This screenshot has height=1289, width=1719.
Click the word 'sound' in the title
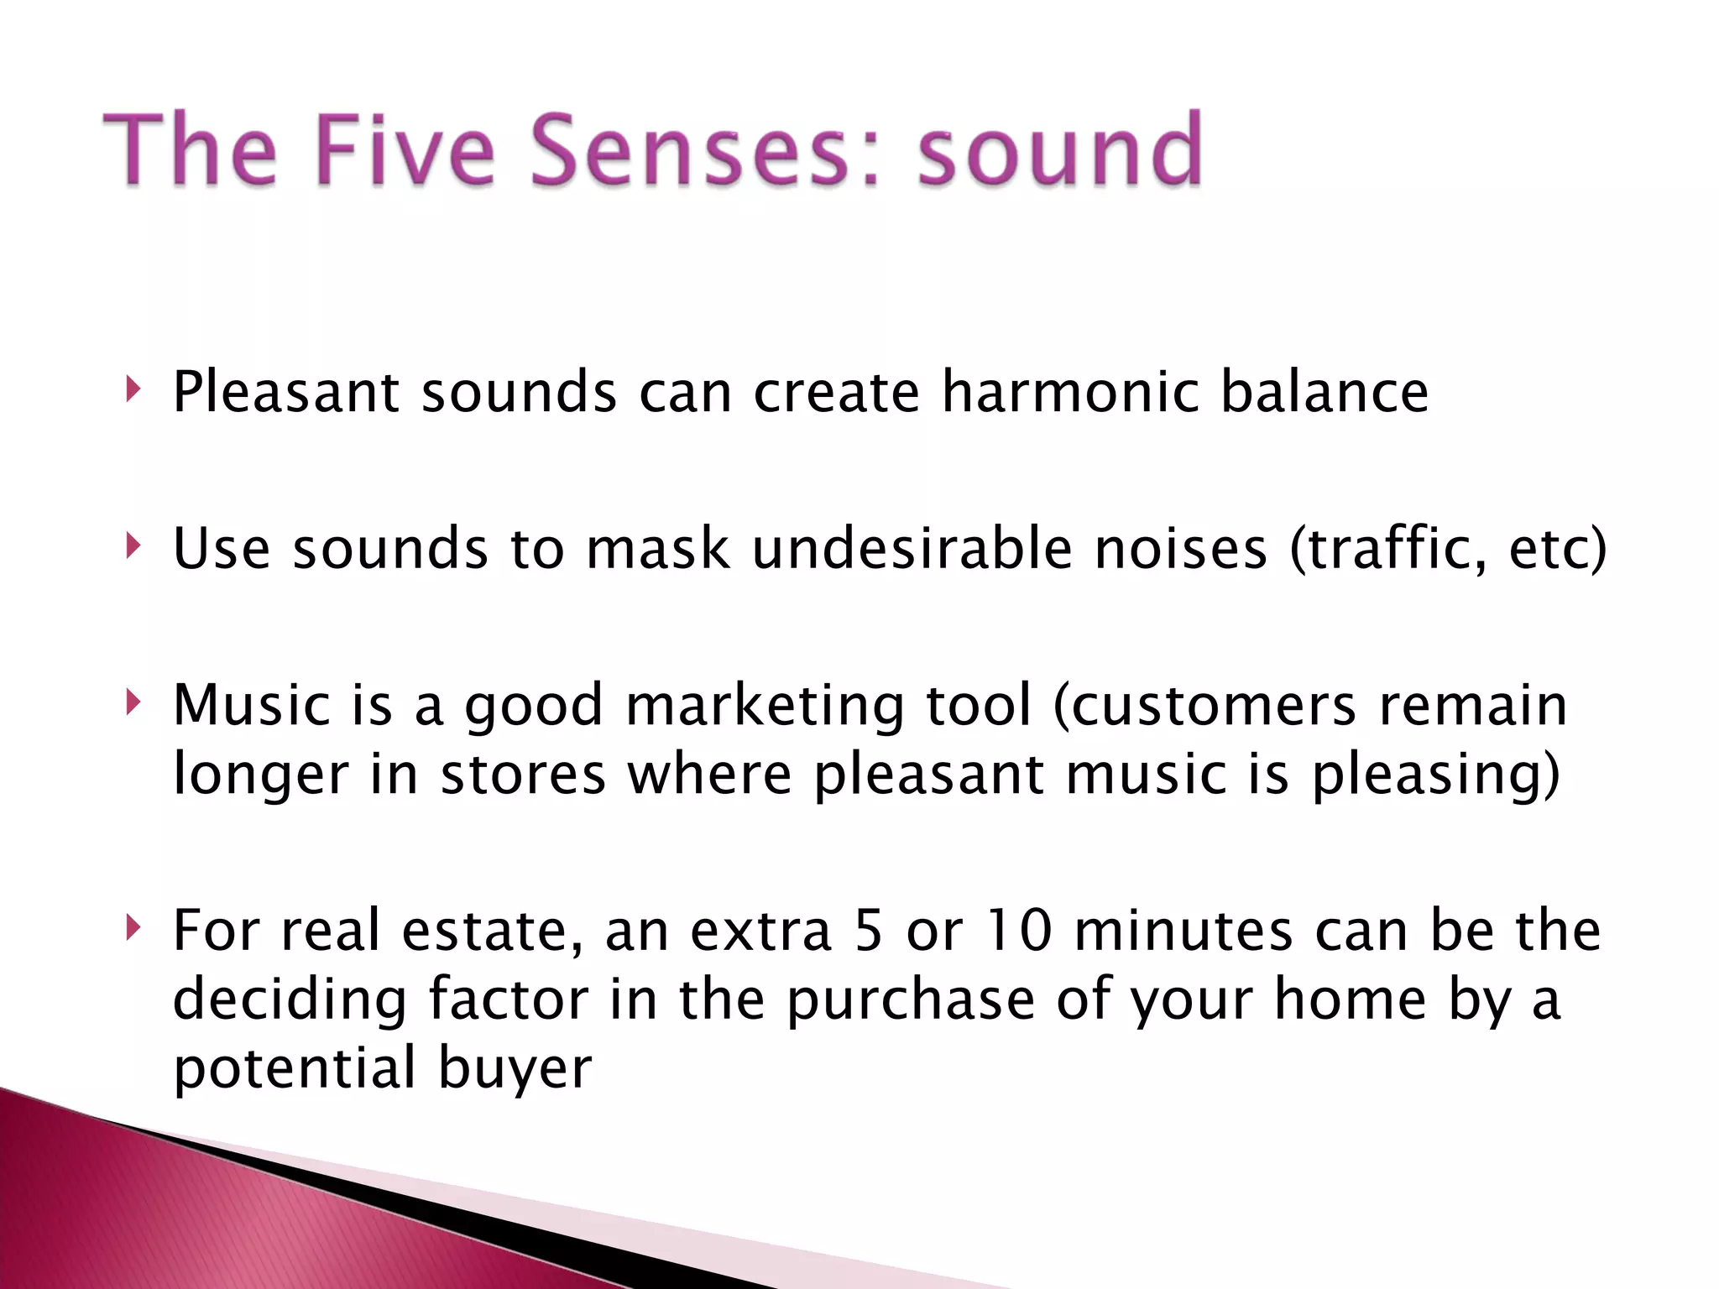[1060, 151]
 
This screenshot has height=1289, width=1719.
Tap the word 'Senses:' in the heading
[705, 151]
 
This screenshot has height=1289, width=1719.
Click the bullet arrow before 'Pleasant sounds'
[132, 389]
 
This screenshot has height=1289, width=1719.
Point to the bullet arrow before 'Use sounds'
[132, 546]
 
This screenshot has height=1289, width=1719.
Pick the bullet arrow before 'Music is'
[132, 702]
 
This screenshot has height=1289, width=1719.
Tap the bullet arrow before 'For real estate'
[132, 928]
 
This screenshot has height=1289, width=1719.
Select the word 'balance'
[1324, 392]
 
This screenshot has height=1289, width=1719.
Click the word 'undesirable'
[912, 549]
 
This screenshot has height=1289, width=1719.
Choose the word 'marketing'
[765, 706]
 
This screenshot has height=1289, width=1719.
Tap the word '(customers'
[1204, 706]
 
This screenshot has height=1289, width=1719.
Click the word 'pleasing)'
[1435, 775]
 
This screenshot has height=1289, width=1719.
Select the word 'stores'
[522, 775]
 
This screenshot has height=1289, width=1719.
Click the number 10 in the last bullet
[1017, 931]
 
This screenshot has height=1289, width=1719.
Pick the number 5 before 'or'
[870, 931]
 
